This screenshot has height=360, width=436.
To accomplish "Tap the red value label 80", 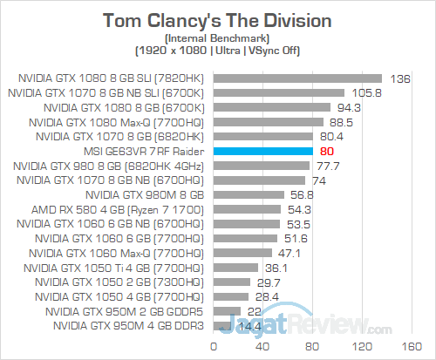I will [x=328, y=152].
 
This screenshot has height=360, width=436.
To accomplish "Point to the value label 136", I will [x=402, y=78].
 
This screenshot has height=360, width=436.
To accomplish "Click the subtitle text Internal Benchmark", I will [x=218, y=38].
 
